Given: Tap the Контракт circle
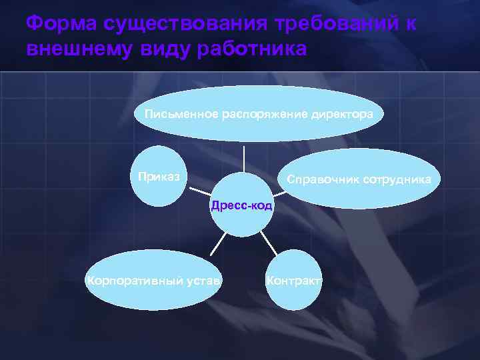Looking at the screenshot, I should click(x=293, y=280).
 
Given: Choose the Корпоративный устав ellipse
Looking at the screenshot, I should click(x=154, y=279).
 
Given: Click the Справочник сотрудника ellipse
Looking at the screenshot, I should click(x=359, y=179).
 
